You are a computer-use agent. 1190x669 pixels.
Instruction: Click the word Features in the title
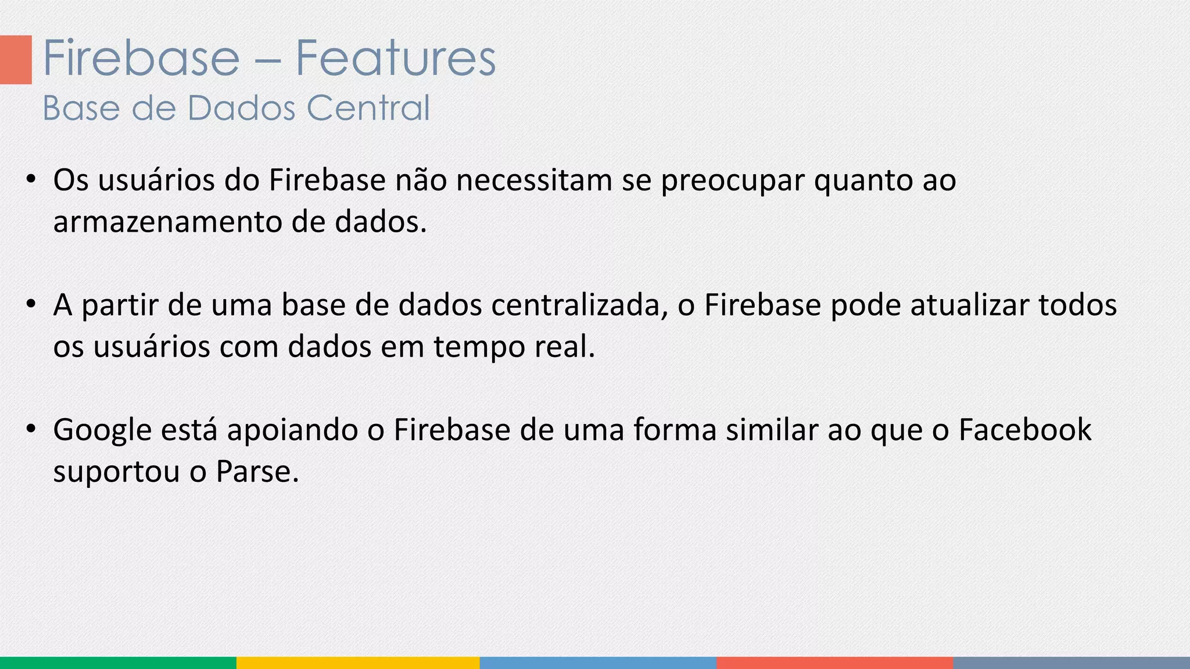click(396, 58)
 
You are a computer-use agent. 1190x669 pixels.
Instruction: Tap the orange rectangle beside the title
click(16, 60)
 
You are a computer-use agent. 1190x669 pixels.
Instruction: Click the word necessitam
click(534, 180)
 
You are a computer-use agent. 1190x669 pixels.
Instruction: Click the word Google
click(102, 431)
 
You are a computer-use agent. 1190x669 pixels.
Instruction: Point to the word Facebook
click(1025, 430)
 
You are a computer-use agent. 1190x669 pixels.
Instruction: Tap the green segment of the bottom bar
click(118, 663)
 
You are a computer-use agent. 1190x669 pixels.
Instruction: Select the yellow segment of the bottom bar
click(358, 663)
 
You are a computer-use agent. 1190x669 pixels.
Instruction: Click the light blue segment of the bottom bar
click(598, 663)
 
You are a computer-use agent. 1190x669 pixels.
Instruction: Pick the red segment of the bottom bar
click(835, 663)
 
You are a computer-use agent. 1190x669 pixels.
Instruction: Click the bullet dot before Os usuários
click(31, 179)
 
